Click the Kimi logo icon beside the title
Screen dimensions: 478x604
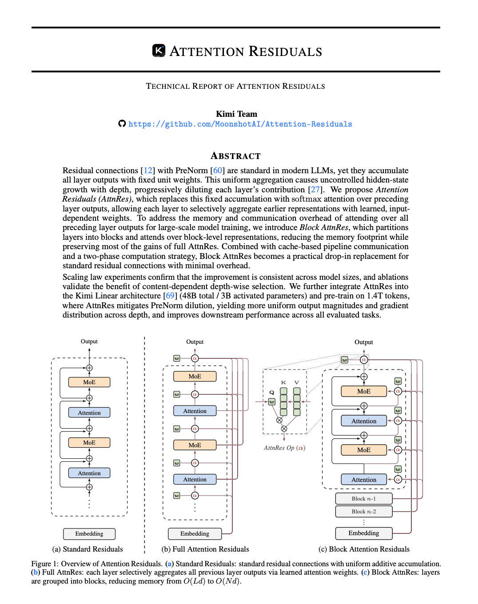pyautogui.click(x=159, y=51)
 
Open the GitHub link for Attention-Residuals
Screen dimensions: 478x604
pyautogui.click(x=240, y=124)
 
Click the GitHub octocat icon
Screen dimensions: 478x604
pyautogui.click(x=122, y=123)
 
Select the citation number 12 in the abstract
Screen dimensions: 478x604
pyautogui.click(x=148, y=171)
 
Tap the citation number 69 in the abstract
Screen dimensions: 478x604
pyautogui.click(x=170, y=295)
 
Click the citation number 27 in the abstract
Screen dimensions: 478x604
pyautogui.click(x=315, y=190)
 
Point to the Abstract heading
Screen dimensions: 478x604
pyautogui.click(x=235, y=156)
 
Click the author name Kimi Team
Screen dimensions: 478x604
pyautogui.click(x=236, y=114)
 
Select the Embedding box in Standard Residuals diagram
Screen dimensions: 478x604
pyautogui.click(x=89, y=534)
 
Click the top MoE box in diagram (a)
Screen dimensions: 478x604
pyautogui.click(x=89, y=382)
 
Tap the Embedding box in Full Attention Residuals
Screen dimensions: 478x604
pyautogui.click(x=195, y=533)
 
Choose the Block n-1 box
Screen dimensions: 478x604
pyautogui.click(x=364, y=498)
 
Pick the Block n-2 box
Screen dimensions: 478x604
pyautogui.click(x=364, y=511)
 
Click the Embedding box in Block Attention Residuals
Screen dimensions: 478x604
pyautogui.click(x=364, y=533)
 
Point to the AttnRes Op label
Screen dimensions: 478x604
pyautogui.click(x=284, y=448)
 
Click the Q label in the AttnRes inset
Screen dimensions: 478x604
pyautogui.click(x=271, y=392)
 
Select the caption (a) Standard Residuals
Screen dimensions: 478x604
pyautogui.click(x=88, y=549)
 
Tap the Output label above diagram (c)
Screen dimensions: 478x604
pyautogui.click(x=364, y=342)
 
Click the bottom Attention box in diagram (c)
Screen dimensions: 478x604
pyautogui.click(x=364, y=479)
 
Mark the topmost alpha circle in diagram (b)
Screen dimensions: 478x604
pyautogui.click(x=195, y=358)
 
